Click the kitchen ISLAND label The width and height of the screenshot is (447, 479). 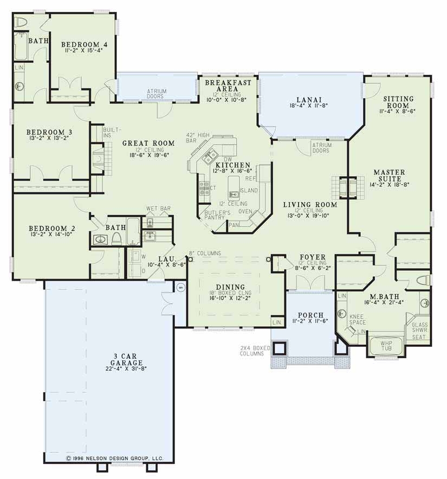[x=249, y=191]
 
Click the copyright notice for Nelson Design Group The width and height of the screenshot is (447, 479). [x=115, y=458]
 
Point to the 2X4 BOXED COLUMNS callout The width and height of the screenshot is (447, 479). [x=254, y=351]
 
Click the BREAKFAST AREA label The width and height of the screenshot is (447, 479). [x=228, y=85]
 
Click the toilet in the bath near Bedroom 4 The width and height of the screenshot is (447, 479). [x=21, y=22]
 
